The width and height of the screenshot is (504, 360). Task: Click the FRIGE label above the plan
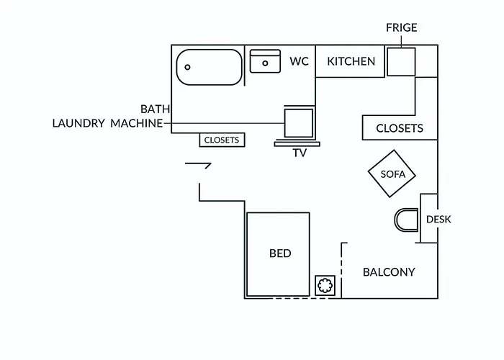coord(402,27)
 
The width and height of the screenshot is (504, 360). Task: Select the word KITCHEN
coord(351,61)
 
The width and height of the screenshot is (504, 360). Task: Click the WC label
coord(299,61)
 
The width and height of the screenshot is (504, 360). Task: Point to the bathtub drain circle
coord(187,67)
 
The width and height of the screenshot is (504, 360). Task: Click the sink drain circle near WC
coord(265,63)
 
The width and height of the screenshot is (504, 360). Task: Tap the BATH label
coord(156,109)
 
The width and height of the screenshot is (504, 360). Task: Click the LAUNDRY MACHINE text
coord(107,123)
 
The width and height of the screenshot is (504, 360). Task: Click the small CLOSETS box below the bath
coord(222,140)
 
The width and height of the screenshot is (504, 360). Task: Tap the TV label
coord(300,153)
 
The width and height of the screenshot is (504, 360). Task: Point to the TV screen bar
coord(297,144)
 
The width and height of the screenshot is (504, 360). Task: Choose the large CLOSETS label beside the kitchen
coord(400,129)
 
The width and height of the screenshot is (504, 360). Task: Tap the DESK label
coord(438,220)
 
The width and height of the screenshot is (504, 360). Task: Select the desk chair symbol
coord(395,220)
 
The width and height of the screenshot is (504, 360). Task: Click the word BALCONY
coord(389,272)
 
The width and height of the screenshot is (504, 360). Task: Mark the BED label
coord(280,253)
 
